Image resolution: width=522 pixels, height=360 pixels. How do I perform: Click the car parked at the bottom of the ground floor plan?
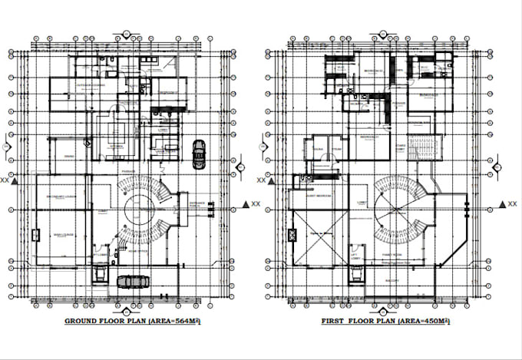(x=135, y=280)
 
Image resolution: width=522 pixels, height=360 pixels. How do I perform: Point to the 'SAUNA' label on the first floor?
(x=315, y=149)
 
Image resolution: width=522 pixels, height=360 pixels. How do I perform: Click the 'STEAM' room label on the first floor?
(x=335, y=149)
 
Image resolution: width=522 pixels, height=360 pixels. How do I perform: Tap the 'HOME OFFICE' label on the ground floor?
(x=137, y=251)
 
